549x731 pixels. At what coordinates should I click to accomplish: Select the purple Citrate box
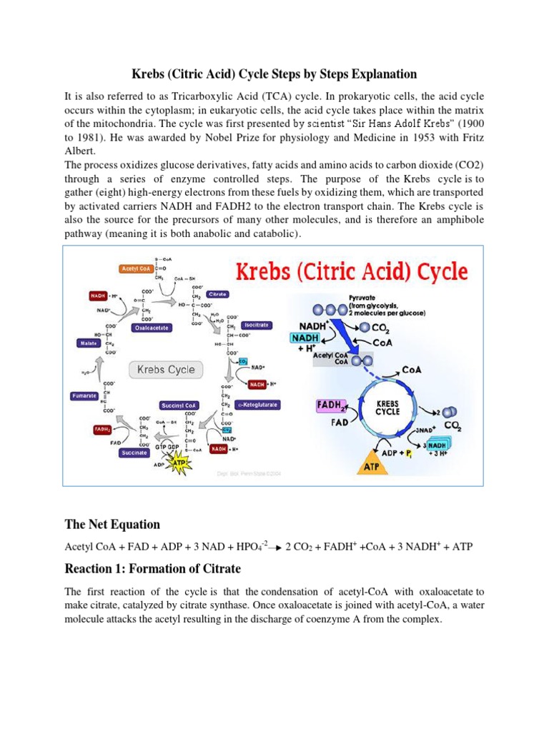click(x=217, y=294)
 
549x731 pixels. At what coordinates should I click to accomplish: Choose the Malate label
click(x=89, y=343)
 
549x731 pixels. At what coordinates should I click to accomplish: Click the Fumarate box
click(x=84, y=395)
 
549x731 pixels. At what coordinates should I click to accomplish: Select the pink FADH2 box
click(x=332, y=405)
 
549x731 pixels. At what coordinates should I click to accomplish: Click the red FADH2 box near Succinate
click(x=102, y=430)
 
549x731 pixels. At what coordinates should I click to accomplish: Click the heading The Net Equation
click(x=112, y=524)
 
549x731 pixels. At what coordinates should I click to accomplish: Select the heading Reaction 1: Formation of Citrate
click(x=153, y=569)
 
